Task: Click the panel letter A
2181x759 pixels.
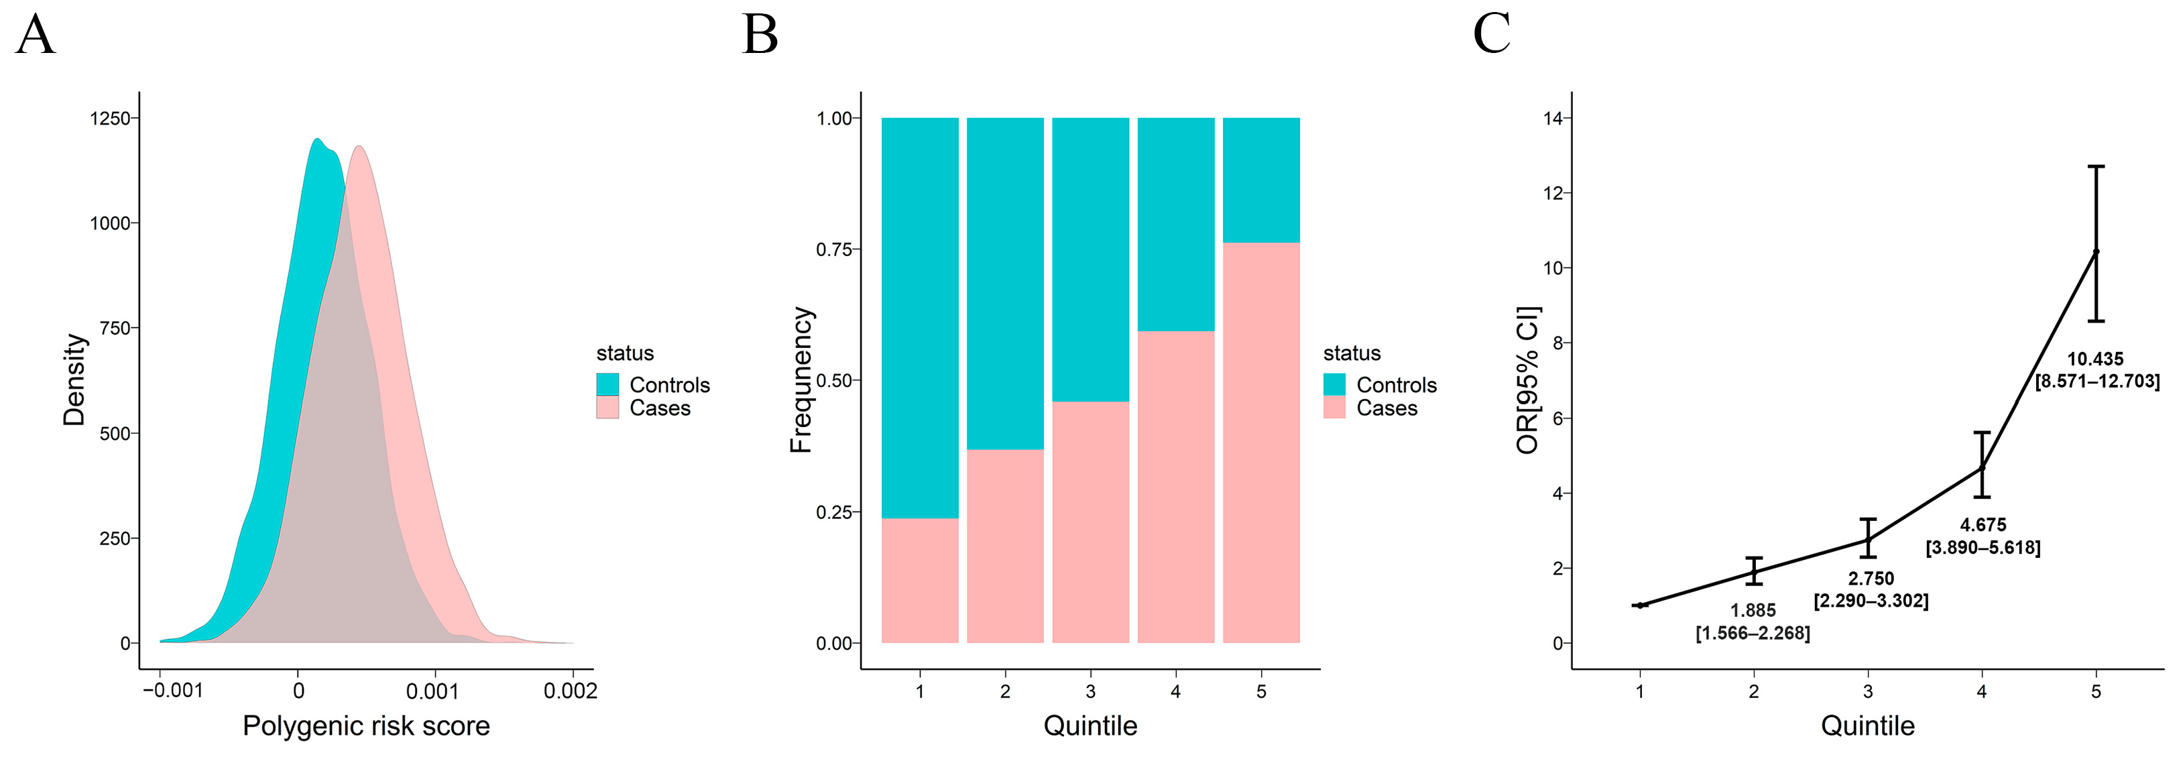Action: (x=36, y=36)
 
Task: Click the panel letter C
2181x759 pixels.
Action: (x=1491, y=36)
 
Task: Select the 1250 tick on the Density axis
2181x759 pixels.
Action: (x=110, y=119)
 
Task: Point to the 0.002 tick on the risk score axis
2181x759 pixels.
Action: (x=570, y=691)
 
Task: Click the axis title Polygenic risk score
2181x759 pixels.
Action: (x=366, y=726)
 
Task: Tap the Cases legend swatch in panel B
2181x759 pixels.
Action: (x=1334, y=408)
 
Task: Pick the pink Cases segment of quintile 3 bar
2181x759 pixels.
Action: (x=1090, y=521)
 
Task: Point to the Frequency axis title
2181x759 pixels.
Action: (x=801, y=379)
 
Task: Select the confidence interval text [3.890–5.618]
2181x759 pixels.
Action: (x=1983, y=548)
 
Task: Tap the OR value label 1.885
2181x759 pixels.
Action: (x=1753, y=611)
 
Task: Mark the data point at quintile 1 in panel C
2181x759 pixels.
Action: (x=1640, y=605)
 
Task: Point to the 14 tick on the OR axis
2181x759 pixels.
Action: (x=1553, y=119)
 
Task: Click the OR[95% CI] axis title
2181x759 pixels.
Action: (x=1527, y=379)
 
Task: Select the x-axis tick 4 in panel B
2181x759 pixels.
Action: (x=1175, y=691)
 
